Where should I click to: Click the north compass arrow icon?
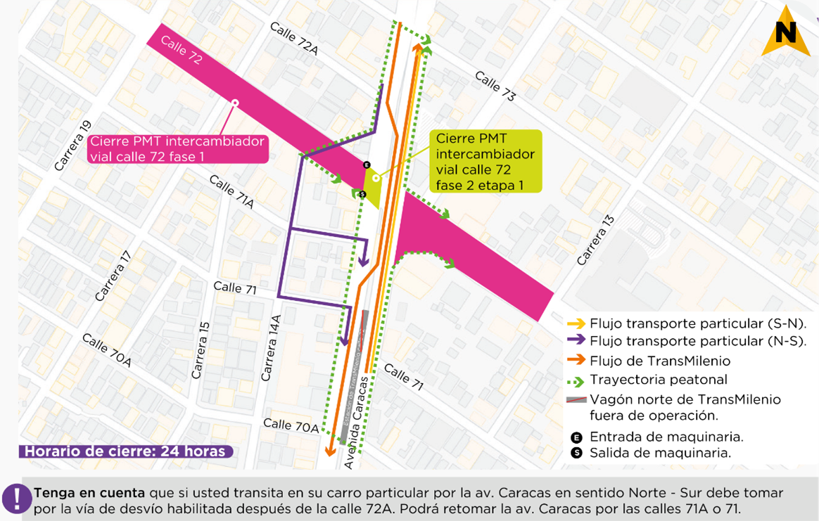click(785, 32)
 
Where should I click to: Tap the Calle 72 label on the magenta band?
click(182, 51)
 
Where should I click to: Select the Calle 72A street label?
click(294, 38)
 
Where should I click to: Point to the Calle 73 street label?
click(495, 86)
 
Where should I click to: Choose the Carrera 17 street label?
click(113, 276)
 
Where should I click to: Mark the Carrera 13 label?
click(595, 241)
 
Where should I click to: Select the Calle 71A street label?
click(231, 192)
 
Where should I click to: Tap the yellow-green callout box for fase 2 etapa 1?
click(485, 162)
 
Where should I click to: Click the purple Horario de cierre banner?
click(125, 451)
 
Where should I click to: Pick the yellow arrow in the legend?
click(576, 324)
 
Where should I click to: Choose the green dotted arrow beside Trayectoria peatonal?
click(576, 380)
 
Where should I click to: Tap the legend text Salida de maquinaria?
click(660, 454)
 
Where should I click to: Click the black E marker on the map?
click(366, 165)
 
